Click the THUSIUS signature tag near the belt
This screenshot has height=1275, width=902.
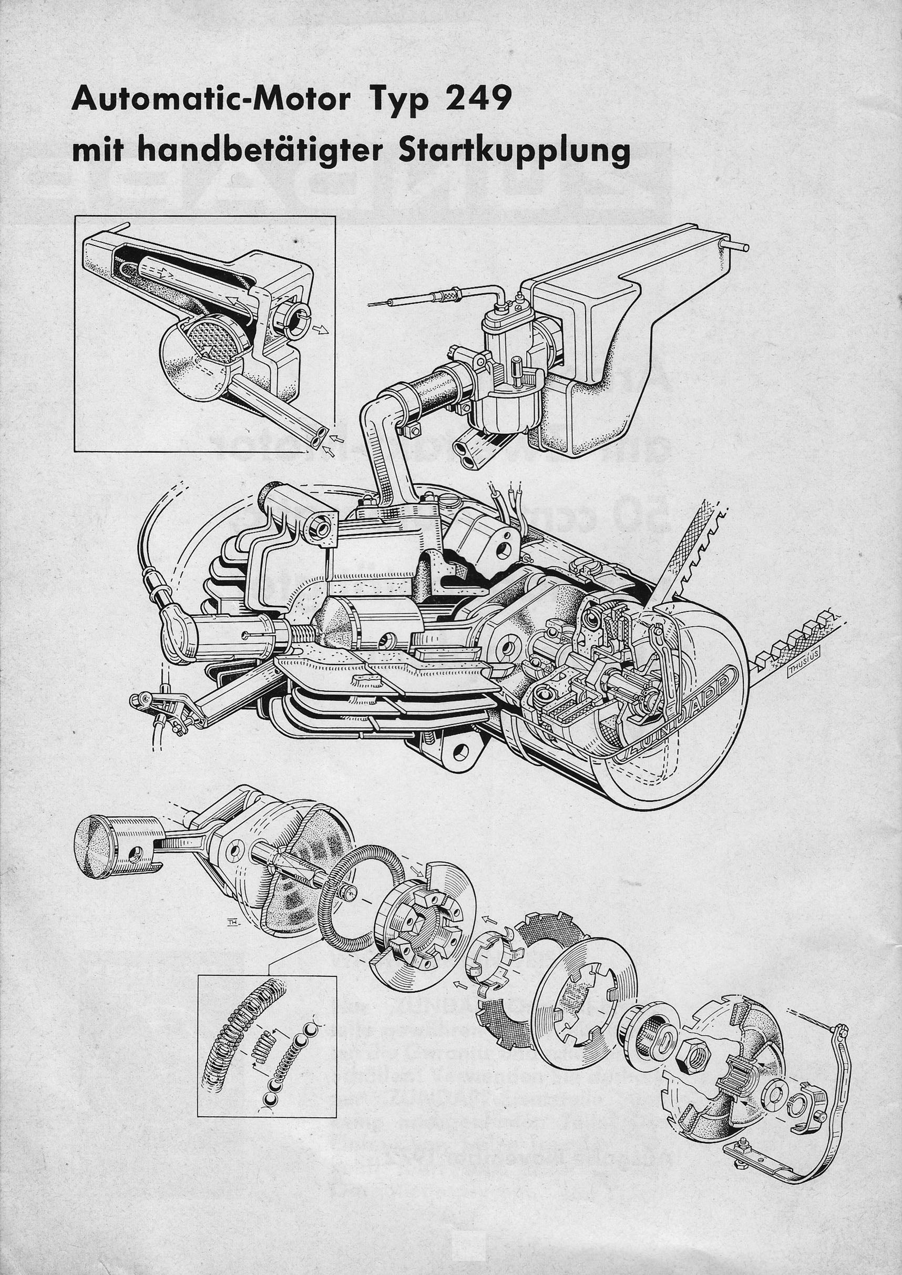point(802,673)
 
